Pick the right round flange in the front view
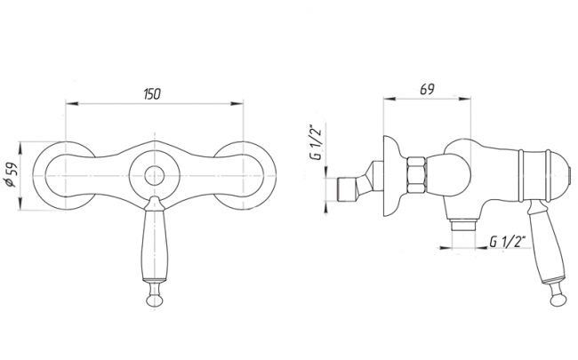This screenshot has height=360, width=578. pos(245,174)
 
